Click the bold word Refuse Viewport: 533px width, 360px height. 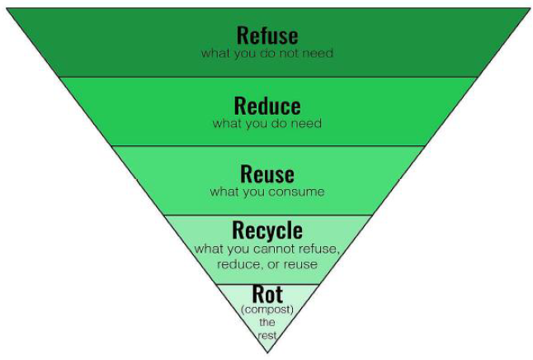pos(266,36)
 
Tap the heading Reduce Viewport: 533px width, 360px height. pos(266,106)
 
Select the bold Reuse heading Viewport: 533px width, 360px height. pos(266,174)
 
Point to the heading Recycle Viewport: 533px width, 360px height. pos(266,230)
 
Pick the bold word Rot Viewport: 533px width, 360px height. pos(267,295)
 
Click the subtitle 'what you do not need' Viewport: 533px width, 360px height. pos(266,54)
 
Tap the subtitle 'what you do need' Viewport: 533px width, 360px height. pos(266,124)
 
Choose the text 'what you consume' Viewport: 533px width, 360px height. pos(266,192)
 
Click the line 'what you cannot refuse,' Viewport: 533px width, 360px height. pos(266,249)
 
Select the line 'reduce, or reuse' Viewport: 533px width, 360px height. pos(266,264)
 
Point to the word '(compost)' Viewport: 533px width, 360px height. pos(267,310)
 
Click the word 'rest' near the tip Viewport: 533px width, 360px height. pos(267,334)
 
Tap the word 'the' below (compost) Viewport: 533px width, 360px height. pos(267,322)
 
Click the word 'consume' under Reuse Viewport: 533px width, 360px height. pos(295,192)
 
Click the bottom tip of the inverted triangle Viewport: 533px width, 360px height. pos(267,353)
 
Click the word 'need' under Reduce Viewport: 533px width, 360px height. pos(306,124)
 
